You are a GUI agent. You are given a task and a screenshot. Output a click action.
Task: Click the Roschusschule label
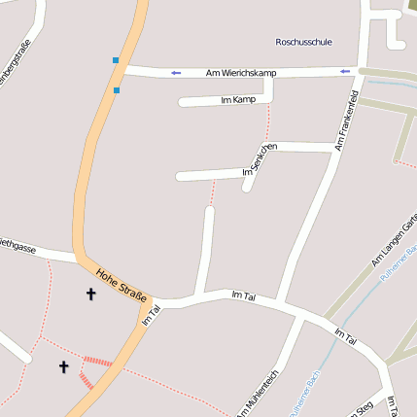click(x=304, y=43)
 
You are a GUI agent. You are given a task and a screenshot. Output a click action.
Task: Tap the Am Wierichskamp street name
click(x=242, y=73)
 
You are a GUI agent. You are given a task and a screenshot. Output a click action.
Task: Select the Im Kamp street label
click(x=238, y=99)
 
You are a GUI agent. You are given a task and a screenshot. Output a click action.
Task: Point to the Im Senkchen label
click(x=258, y=159)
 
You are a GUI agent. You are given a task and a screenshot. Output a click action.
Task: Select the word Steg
click(x=365, y=409)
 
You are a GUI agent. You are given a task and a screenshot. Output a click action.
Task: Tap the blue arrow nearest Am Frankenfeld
click(x=345, y=71)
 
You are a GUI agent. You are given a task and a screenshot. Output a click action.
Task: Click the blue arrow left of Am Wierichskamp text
click(x=176, y=73)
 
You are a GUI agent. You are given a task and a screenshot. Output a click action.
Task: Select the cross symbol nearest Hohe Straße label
click(x=91, y=293)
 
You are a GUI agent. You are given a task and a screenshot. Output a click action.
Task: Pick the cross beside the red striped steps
click(x=64, y=366)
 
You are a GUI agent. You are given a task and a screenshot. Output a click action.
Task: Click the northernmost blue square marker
click(x=116, y=60)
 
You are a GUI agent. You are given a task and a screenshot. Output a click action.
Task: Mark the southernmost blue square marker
click(x=118, y=90)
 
